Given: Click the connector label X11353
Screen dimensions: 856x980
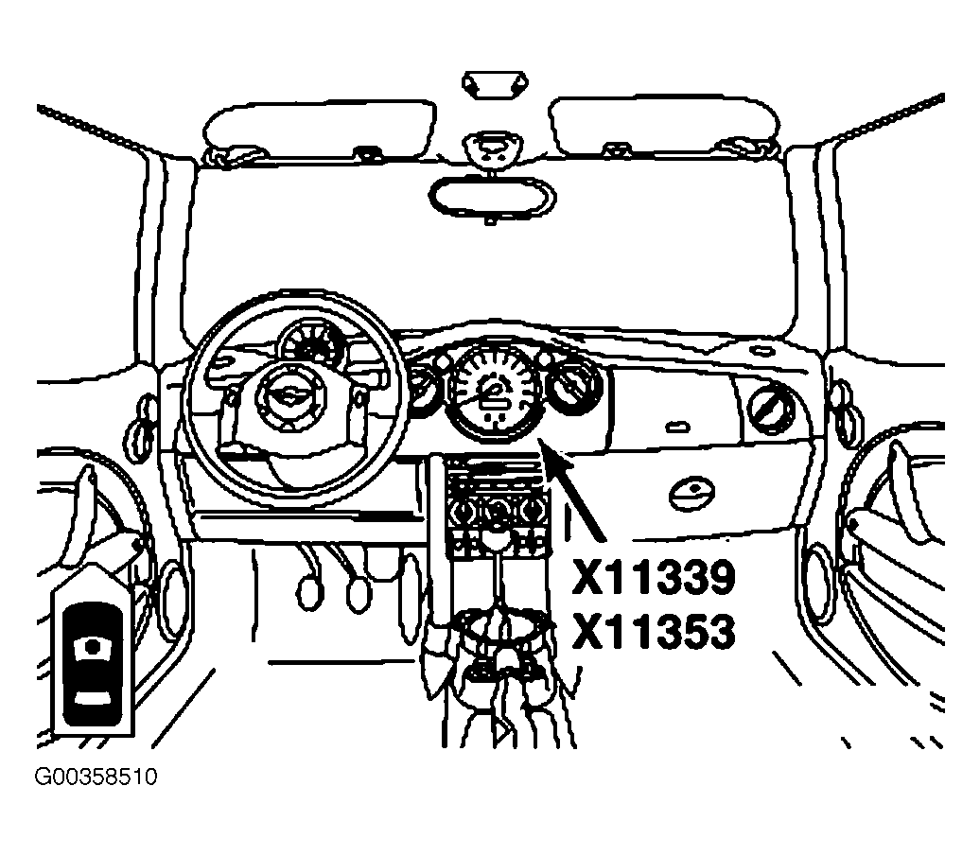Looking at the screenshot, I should pos(653,631).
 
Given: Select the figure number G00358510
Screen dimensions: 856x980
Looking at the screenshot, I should pos(96,777).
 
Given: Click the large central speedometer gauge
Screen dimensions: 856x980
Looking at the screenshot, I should pos(494,390).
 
